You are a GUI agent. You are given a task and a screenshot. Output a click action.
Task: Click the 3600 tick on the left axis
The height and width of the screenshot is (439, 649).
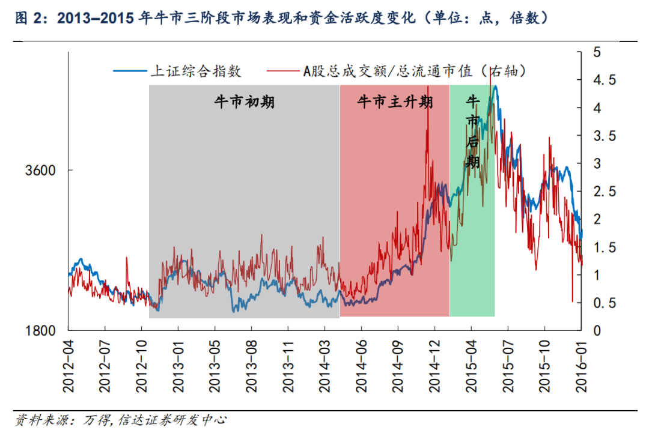click(x=41, y=170)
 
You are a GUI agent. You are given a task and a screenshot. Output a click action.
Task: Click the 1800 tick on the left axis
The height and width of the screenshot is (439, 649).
click(x=41, y=330)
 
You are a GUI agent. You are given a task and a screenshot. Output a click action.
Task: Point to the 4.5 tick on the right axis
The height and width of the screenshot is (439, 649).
click(x=601, y=80)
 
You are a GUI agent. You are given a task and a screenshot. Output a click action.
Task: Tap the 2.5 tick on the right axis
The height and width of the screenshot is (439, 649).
click(x=601, y=192)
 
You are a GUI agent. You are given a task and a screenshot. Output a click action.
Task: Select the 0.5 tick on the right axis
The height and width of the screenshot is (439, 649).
click(x=601, y=303)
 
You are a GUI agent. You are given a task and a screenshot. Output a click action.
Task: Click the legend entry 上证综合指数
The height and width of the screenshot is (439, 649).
click(x=195, y=71)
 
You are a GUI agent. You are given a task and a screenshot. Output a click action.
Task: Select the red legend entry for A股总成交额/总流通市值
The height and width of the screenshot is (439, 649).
click(x=415, y=71)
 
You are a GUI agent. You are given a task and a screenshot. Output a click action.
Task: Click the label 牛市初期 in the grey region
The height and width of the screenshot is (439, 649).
click(x=245, y=102)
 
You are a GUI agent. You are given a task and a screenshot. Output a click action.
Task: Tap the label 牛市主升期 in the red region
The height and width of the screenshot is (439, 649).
click(x=395, y=102)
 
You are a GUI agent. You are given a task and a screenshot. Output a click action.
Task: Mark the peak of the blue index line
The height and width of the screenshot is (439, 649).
click(x=495, y=86)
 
